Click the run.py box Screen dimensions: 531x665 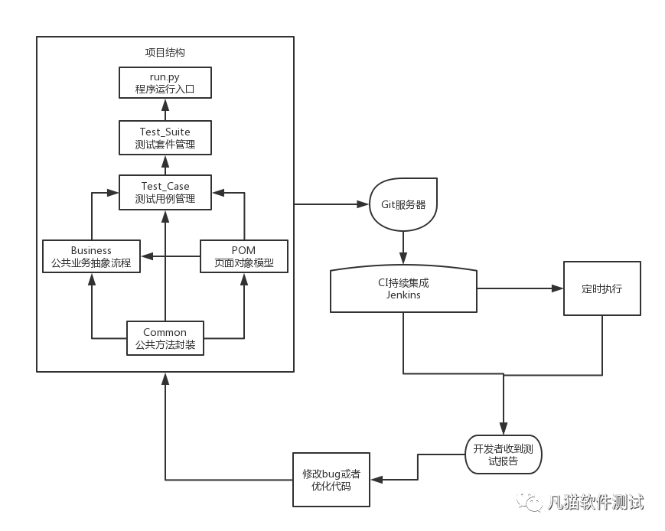[x=165, y=82]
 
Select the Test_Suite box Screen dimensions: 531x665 [x=165, y=138]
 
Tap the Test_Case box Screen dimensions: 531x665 [x=165, y=192]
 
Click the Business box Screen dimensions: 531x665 [x=91, y=256]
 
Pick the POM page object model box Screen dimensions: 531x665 [x=244, y=256]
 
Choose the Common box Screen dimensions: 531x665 [x=165, y=338]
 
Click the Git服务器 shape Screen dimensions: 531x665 [x=403, y=205]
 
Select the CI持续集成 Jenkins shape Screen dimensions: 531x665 [x=403, y=289]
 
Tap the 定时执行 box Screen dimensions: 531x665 [x=601, y=288]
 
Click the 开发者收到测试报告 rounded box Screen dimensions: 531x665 [x=503, y=454]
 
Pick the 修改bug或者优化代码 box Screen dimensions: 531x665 [x=331, y=480]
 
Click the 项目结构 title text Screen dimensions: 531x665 [x=165, y=53]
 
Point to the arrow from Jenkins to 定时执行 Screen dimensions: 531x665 [x=520, y=288]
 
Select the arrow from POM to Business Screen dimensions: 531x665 [x=171, y=256]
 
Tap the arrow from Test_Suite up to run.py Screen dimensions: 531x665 [x=165, y=109]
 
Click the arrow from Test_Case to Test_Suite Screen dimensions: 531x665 [x=165, y=165]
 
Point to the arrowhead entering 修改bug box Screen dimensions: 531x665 [x=377, y=480]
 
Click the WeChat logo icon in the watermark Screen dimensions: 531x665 [x=530, y=500]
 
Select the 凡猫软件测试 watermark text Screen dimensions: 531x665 [x=595, y=502]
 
